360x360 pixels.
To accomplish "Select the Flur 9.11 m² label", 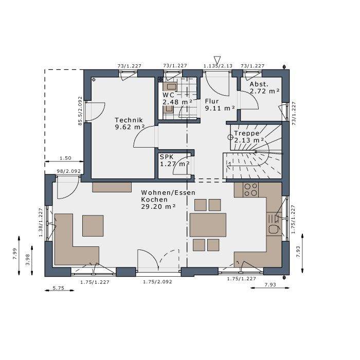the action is point(220,105).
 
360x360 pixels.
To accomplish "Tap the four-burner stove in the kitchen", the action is point(251,190).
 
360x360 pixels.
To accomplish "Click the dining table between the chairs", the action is point(208,225).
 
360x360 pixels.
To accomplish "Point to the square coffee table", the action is point(93,225).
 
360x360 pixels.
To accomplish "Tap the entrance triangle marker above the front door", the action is point(217,59).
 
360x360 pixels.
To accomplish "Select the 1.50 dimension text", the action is point(65,158).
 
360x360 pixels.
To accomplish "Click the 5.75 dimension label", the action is point(59,288).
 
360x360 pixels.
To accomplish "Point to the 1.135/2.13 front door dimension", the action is point(218,66).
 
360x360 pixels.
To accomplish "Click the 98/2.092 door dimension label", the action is point(68,171).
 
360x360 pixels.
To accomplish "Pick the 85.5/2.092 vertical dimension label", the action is point(80,111).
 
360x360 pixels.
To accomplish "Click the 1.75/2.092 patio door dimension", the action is point(157,282).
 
